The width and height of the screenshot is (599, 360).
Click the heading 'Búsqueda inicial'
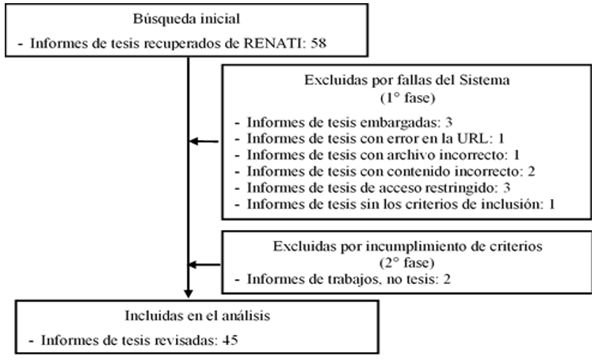[186, 19]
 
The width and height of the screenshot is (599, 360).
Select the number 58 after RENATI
[319, 43]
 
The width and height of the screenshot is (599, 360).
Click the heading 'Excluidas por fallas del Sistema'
[406, 80]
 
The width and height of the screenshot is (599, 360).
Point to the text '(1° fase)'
[407, 98]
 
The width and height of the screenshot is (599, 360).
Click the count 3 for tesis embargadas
[448, 122]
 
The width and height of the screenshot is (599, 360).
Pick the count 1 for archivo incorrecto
[517, 155]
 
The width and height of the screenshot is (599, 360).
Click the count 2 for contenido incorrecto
[531, 171]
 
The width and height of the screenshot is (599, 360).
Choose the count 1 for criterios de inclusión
[551, 204]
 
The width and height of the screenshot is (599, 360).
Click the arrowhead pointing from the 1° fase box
[193, 141]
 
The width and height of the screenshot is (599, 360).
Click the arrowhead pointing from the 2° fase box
[193, 265]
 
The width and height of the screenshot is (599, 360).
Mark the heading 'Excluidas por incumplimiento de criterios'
[407, 246]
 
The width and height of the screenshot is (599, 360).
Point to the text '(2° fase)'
[407, 263]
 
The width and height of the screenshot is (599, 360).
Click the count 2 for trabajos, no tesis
[447, 279]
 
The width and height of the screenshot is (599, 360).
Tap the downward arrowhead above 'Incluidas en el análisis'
[188, 293]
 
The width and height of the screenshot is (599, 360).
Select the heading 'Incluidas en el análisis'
[197, 316]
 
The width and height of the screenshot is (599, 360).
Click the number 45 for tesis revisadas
[230, 340]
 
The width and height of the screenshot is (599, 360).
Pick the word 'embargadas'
[401, 123]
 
